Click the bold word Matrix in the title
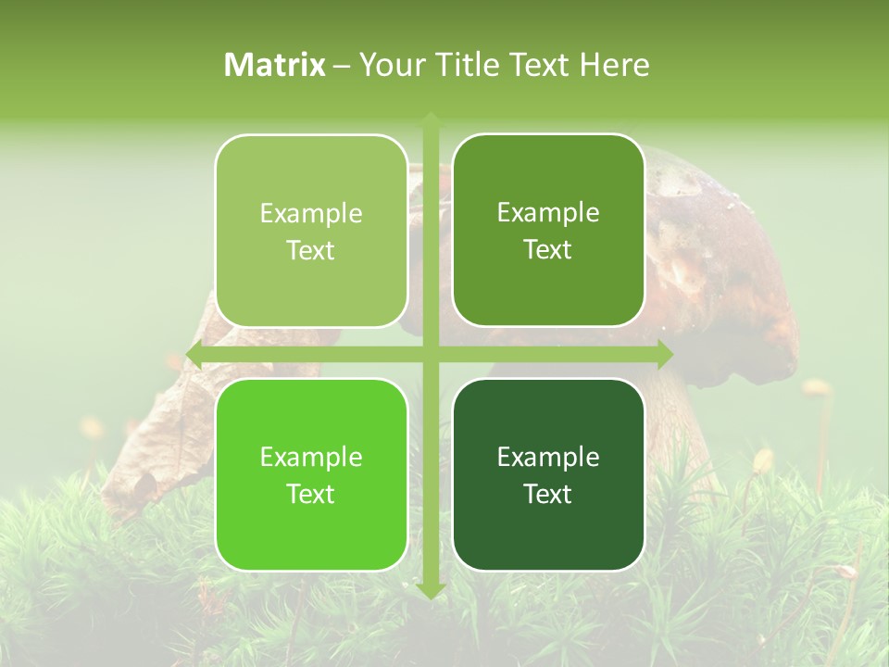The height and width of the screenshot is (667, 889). click(275, 65)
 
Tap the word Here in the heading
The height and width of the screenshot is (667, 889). click(614, 65)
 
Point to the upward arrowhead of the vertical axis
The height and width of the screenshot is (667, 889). click(431, 120)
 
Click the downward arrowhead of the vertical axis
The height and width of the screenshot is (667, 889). click(431, 590)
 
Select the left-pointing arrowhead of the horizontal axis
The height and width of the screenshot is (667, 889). click(194, 355)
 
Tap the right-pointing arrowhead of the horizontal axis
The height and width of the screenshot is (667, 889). click(665, 355)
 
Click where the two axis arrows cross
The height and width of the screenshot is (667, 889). click(431, 355)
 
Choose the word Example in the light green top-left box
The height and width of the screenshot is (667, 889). click(311, 214)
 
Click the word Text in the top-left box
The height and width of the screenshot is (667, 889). click(311, 251)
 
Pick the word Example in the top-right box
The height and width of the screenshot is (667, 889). click(548, 213)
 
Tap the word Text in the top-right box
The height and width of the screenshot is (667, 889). click(548, 250)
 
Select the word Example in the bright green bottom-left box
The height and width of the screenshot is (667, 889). click(311, 458)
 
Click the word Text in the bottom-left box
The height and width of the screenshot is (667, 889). click(311, 495)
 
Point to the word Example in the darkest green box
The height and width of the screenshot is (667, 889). click(548, 458)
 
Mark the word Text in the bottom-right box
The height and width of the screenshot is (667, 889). click(548, 495)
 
